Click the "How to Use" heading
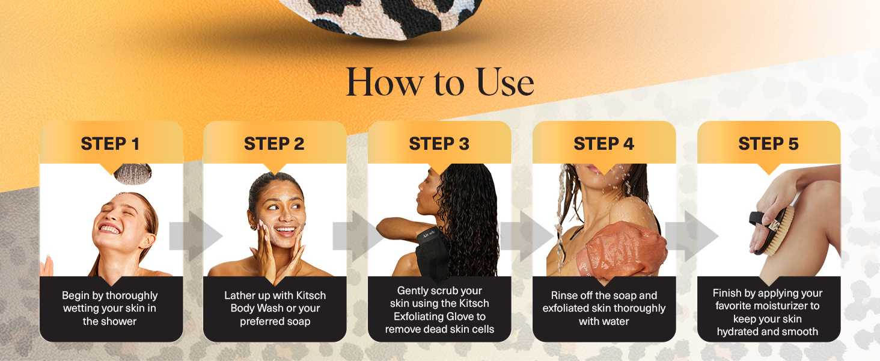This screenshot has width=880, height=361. [439, 82]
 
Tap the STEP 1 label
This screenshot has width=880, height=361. [110, 144]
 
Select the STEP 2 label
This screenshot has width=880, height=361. [274, 144]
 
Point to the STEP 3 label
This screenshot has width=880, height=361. [439, 144]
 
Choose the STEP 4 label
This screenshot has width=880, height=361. [604, 144]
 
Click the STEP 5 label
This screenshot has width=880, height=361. [768, 144]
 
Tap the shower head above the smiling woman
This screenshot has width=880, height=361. [133, 173]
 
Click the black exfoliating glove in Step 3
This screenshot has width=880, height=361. [433, 251]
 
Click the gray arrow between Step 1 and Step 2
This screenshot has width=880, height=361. [196, 236]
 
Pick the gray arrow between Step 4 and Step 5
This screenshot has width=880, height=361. [692, 236]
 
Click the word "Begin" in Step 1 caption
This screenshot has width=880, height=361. [76, 296]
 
